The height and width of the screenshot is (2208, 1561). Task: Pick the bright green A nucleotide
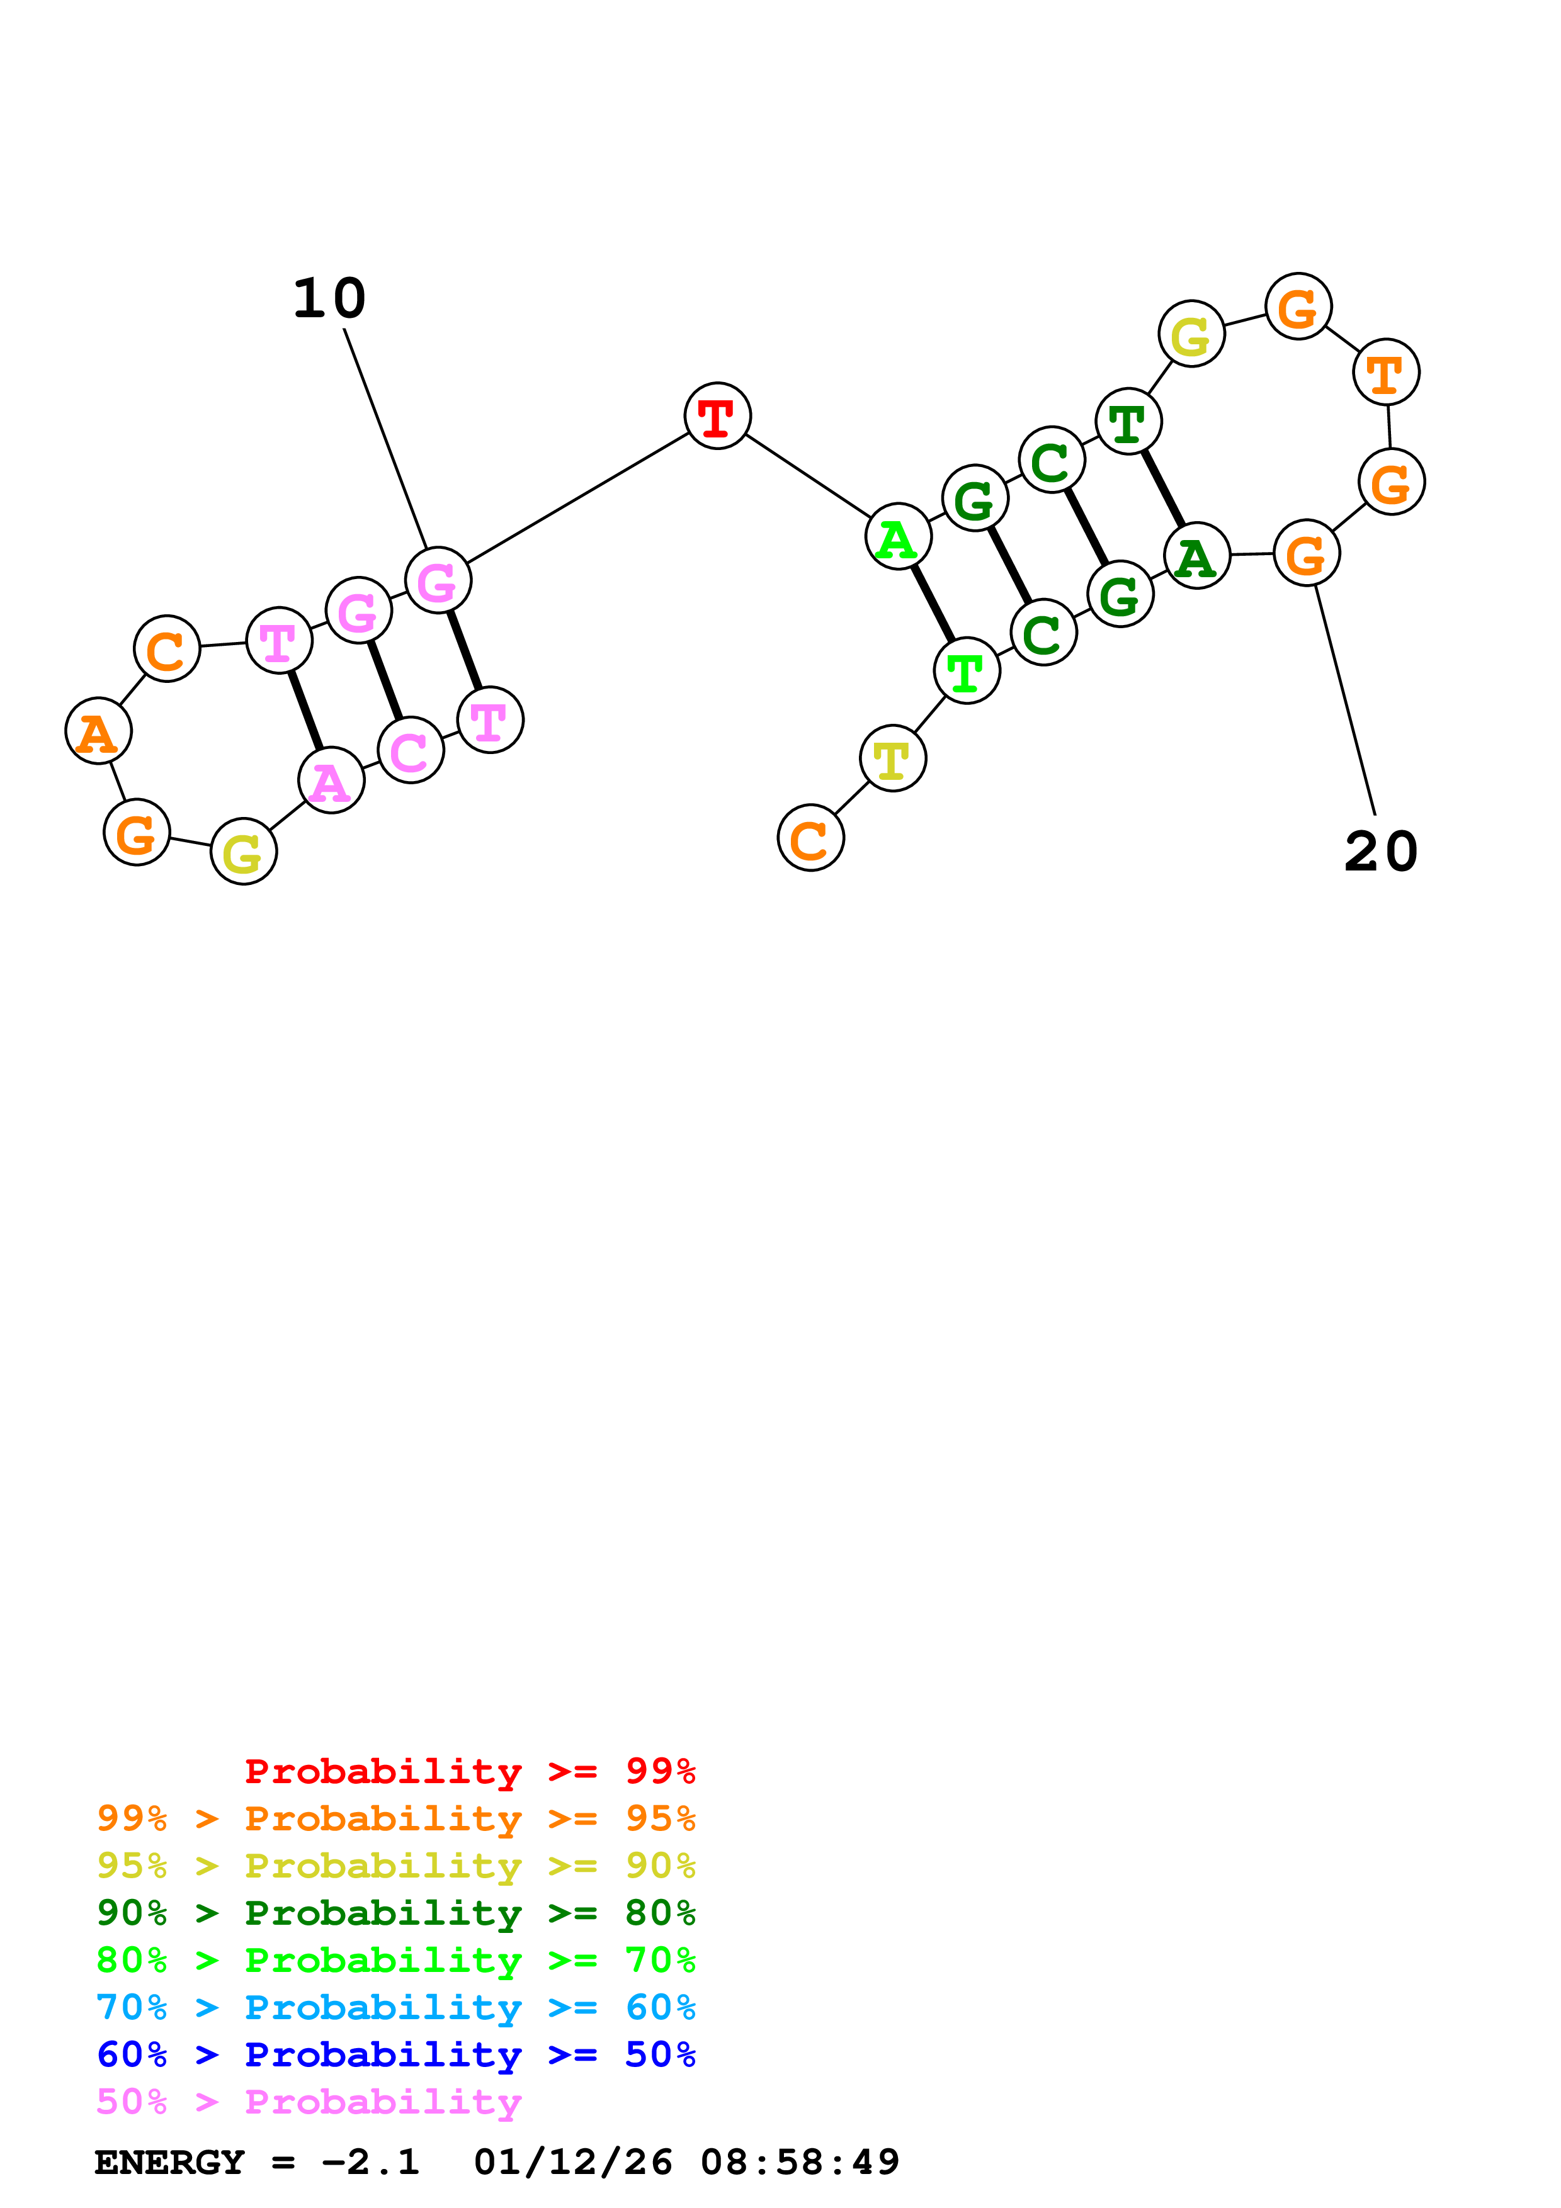click(x=899, y=537)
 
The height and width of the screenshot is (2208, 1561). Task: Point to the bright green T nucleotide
click(x=967, y=670)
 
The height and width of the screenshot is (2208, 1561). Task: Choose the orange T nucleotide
click(x=1386, y=372)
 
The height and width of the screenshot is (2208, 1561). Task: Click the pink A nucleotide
click(x=331, y=781)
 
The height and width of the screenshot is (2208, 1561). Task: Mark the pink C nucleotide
click(x=411, y=750)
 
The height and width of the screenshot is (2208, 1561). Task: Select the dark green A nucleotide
click(x=1196, y=556)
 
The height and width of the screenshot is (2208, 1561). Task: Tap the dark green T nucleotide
click(x=1128, y=421)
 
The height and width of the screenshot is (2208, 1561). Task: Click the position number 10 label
click(x=329, y=298)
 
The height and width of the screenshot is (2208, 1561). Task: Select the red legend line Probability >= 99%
click(x=469, y=1771)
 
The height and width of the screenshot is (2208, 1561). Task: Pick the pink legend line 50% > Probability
click(x=309, y=2102)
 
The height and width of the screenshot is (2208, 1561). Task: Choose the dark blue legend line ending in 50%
click(x=395, y=2054)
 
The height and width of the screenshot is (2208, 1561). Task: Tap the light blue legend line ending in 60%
click(x=395, y=2007)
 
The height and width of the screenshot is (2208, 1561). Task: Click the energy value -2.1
click(x=372, y=2163)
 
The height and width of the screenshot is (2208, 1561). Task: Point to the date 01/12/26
click(x=573, y=2163)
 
